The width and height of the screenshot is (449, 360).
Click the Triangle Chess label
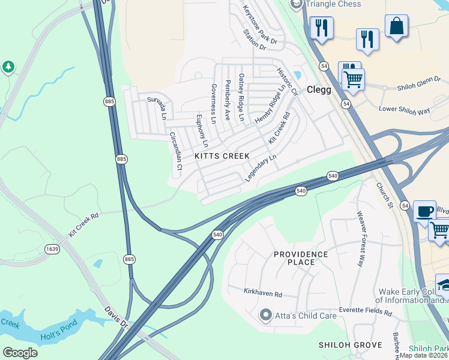click(x=333, y=4)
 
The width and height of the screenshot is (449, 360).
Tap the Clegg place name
click(x=319, y=89)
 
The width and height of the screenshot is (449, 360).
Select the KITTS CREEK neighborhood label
click(x=222, y=156)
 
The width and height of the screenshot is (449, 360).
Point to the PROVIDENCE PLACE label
click(x=301, y=258)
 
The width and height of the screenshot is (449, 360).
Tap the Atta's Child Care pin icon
click(x=266, y=314)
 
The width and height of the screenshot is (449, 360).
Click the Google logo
click(x=20, y=352)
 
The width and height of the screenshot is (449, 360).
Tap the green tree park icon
click(x=8, y=67)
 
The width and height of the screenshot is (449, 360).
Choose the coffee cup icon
click(x=424, y=211)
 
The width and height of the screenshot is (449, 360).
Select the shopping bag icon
click(x=396, y=26)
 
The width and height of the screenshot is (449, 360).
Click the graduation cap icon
click(x=444, y=285)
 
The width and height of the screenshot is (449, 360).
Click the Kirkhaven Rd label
click(x=262, y=294)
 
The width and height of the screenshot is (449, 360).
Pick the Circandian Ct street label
click(x=176, y=151)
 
